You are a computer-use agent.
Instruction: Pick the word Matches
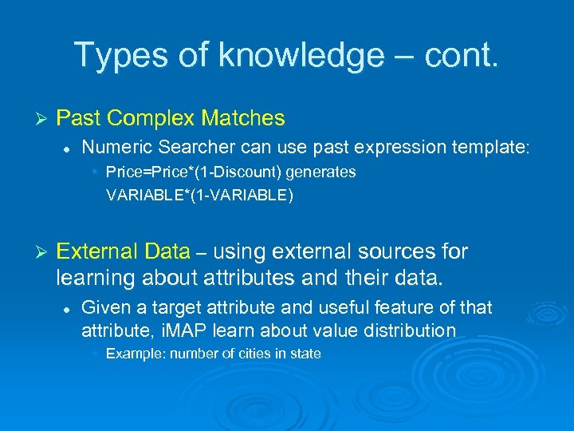[x=243, y=119]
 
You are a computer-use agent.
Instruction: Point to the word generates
[x=324, y=172]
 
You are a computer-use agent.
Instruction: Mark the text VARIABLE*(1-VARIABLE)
[x=199, y=195]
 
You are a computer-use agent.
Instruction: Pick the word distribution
[x=407, y=330]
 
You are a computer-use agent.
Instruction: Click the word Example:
[x=134, y=354]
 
